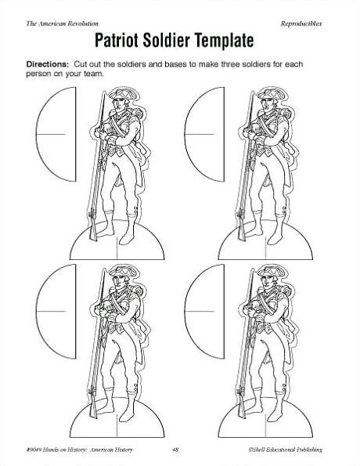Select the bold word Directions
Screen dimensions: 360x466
48,64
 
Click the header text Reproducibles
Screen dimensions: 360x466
301,23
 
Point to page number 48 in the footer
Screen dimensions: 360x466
175,450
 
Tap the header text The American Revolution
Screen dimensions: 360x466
62,23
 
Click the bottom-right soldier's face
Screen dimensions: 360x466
268,281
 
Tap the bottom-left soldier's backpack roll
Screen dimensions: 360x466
140,291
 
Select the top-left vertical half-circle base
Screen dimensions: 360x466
56,134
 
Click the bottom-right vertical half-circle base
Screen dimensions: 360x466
205,312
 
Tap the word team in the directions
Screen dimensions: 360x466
95,74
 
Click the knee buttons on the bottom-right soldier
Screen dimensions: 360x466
284,386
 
